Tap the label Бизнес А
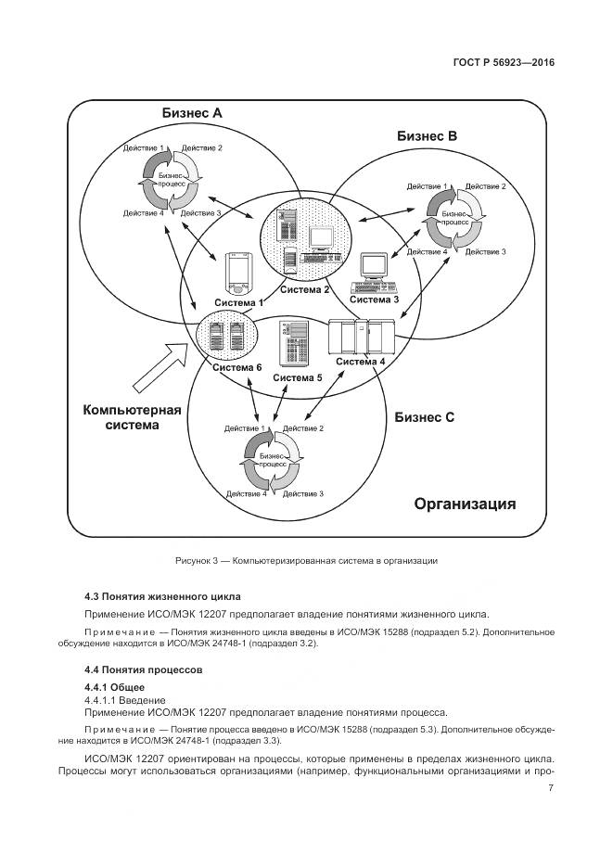point(192,113)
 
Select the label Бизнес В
point(427,135)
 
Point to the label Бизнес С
point(424,417)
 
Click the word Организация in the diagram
point(465,504)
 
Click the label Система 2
point(305,290)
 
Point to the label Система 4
point(360,361)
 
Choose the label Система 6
point(236,368)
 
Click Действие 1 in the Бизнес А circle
point(144,148)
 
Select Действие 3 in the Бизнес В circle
point(485,251)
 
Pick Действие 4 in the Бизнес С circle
point(246,494)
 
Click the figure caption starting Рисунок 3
point(306,560)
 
